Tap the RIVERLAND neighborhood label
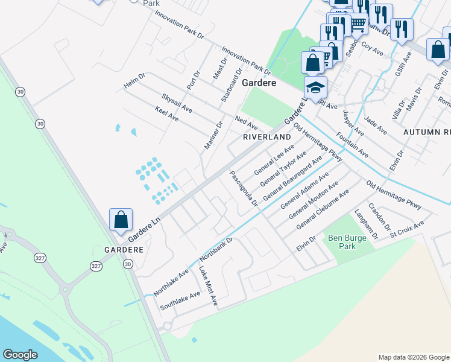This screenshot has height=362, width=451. [267, 138]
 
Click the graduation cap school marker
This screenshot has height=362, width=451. [315, 88]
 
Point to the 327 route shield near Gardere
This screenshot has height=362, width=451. [96, 266]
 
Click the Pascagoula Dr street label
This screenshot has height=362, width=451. [244, 188]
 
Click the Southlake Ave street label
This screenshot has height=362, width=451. [180, 300]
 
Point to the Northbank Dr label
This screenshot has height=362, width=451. [220, 249]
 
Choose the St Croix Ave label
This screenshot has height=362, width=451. [407, 227]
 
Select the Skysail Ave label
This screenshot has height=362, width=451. [177, 103]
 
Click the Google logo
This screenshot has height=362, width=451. [20, 355]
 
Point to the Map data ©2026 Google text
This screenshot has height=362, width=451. [413, 357]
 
